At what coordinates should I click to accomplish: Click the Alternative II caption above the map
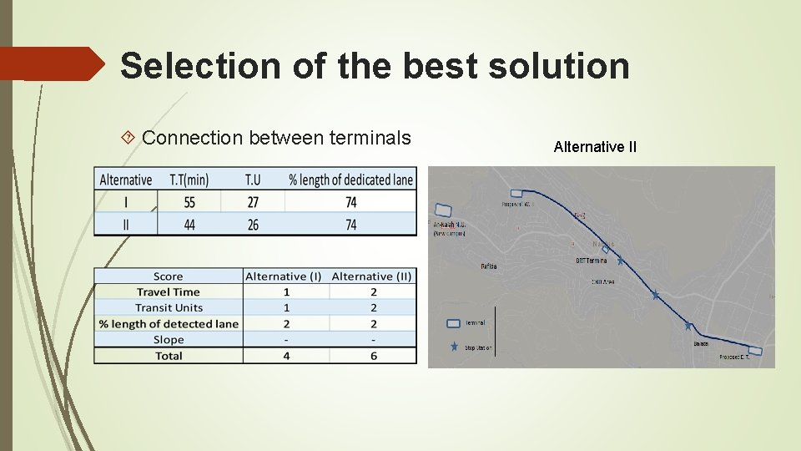point(595,147)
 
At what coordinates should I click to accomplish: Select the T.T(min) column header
point(189,180)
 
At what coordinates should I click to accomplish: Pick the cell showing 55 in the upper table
point(189,202)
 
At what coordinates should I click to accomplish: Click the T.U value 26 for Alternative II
point(253,224)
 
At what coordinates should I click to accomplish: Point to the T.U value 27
point(253,202)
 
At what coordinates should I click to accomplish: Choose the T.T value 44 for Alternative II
point(189,224)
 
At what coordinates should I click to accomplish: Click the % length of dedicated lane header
point(350,180)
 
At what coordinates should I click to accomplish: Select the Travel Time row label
point(169,291)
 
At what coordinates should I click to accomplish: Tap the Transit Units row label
point(169,307)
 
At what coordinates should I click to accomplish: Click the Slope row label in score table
point(169,339)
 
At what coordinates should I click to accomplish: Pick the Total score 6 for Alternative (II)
point(373,356)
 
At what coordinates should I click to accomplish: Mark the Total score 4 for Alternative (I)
point(286,356)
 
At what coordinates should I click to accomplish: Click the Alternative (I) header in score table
point(284,276)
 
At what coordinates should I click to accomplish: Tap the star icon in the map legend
point(453,347)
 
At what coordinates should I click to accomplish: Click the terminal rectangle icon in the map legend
point(453,322)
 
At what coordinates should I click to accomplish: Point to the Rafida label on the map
point(489,266)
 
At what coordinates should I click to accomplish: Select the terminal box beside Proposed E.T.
point(755,351)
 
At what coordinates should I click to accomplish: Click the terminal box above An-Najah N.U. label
point(443,211)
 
